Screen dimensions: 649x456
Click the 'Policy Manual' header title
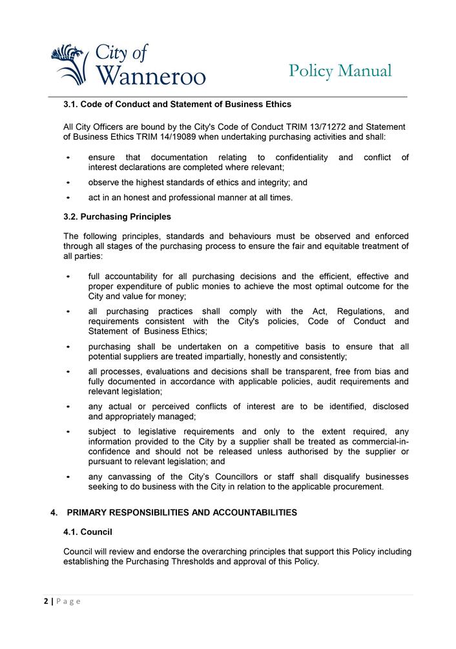340,71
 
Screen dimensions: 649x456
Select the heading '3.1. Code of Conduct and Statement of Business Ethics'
177,104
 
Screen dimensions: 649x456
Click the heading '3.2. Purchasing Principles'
117,216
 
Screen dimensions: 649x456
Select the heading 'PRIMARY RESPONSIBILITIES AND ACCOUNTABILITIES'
181,513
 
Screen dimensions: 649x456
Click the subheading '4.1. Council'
88,532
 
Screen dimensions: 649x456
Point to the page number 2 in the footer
46,601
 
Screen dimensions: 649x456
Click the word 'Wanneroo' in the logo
150,76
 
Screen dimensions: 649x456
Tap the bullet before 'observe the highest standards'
68,183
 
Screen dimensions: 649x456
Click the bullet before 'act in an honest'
68,198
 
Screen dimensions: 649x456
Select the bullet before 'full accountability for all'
68,276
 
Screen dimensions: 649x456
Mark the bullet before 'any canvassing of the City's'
68,477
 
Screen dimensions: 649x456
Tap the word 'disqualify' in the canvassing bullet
324,477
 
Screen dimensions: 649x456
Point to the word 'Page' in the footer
68,601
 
